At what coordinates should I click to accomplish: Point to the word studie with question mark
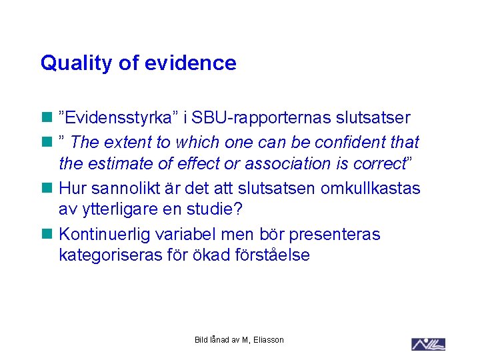pos(219,210)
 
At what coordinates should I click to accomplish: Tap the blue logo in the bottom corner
pos(429,344)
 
